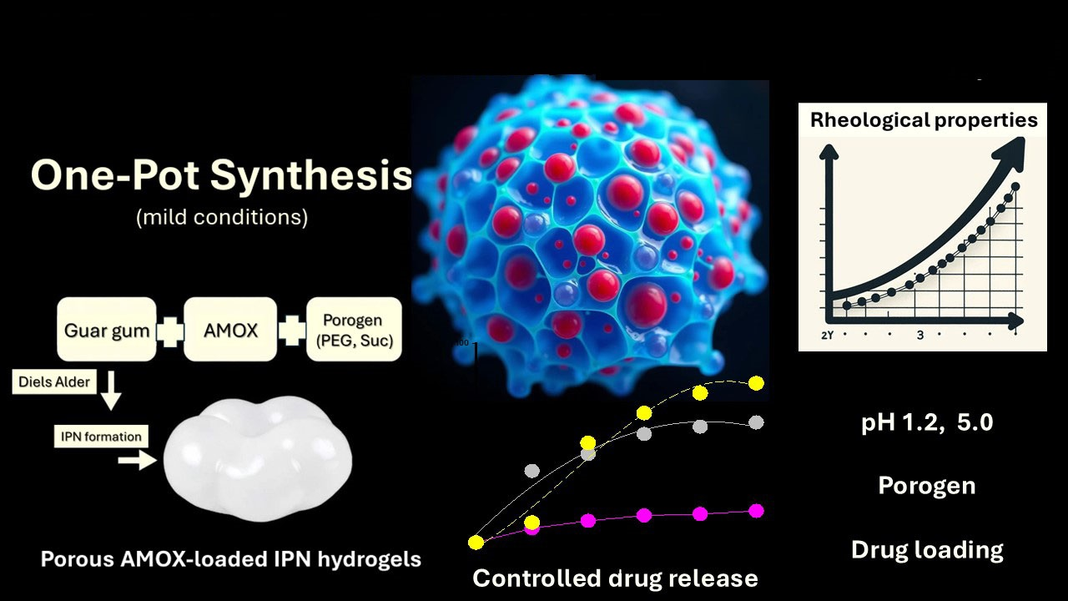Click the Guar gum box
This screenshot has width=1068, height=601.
coord(106,330)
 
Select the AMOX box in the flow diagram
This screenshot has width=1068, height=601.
coord(230,330)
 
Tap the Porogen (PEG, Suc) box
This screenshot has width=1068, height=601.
coord(353,330)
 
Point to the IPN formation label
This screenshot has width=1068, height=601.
coord(101,437)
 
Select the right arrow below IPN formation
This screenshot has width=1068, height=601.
coord(137,461)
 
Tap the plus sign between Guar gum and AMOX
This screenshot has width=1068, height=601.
coord(169,331)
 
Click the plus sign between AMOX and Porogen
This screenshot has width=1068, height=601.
coord(292,331)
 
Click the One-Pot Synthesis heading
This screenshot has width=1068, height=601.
coord(221,176)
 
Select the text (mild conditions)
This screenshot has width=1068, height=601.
coord(221,218)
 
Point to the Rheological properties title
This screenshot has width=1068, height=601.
coord(924,120)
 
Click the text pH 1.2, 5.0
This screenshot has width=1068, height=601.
coord(927,422)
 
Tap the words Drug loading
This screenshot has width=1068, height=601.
coord(927,550)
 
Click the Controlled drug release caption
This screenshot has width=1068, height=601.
coord(615,578)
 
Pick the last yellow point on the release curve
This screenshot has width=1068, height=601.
coord(756,383)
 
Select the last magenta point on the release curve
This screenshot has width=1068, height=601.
coord(756,511)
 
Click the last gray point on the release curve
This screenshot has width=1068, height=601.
coord(756,422)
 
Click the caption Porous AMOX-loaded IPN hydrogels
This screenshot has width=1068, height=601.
coord(231,559)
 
